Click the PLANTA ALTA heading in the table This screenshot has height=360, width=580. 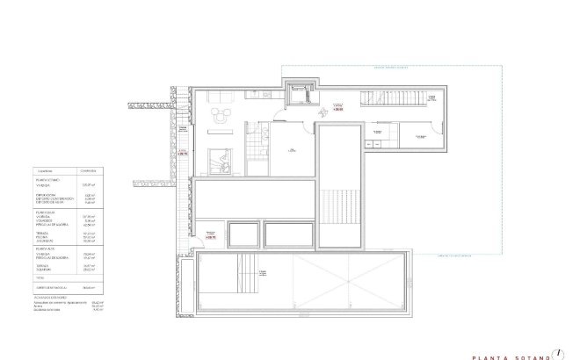point(46,248)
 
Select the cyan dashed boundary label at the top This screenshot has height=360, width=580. point(390,66)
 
